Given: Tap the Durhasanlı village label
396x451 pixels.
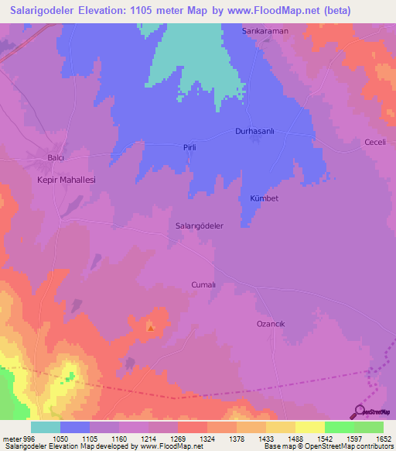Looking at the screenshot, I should tap(256, 132).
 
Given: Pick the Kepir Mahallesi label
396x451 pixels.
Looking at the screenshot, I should tap(66, 179).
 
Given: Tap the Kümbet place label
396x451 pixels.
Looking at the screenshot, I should tap(264, 198).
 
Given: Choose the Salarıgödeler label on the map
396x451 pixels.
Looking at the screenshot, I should tap(200, 226).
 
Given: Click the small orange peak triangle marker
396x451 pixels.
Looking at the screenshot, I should tap(150, 327).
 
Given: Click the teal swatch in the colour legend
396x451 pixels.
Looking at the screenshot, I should tap(45, 427).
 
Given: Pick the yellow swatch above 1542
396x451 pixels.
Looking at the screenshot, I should tap(309, 427).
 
